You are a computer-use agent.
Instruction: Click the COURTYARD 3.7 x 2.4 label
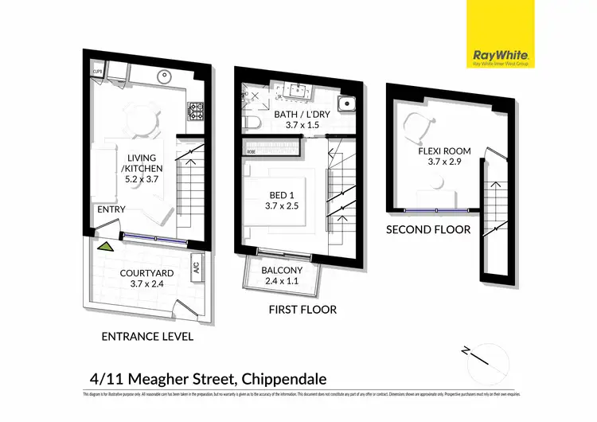point(142,278)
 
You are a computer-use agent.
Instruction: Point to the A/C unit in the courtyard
point(196,269)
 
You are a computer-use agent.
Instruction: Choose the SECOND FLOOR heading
point(428,229)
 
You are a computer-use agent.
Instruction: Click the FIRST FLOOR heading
point(303,309)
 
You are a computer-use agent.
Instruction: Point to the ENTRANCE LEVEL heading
point(148,336)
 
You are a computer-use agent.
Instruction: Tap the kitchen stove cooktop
point(195,107)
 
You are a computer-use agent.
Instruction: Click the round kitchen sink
point(164,79)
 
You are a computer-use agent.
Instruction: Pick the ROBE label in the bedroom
point(251,150)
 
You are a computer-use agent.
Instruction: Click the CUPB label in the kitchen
point(98,70)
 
